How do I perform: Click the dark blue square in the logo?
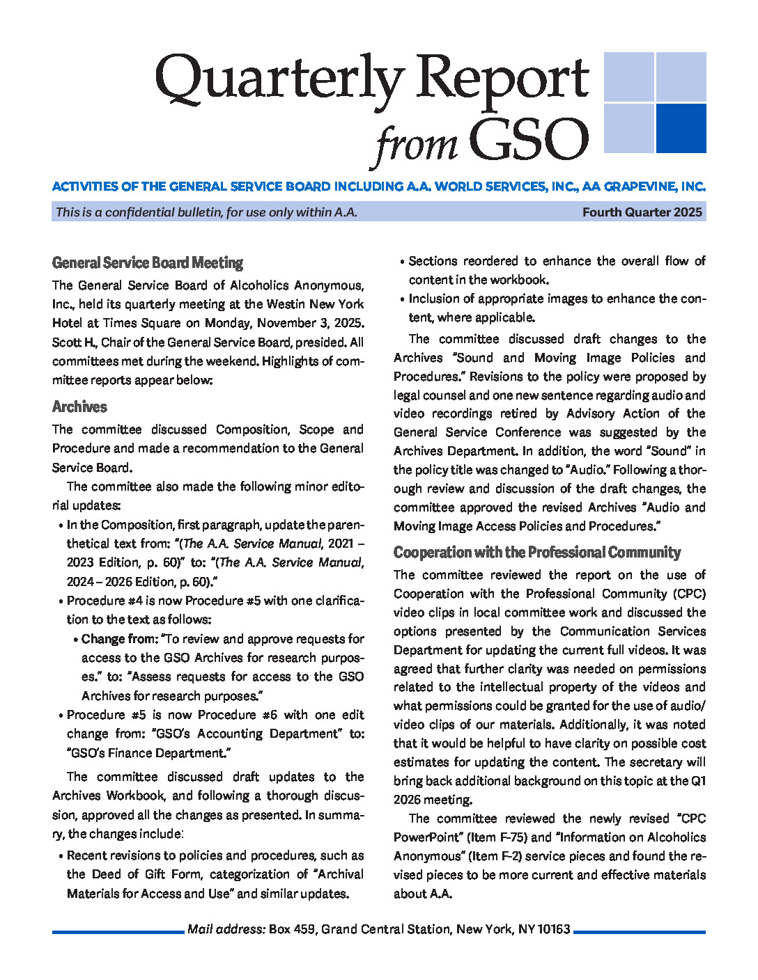(x=681, y=128)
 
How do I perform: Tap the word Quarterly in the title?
(x=279, y=79)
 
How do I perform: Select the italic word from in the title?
(x=416, y=144)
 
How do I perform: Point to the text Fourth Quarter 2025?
(x=642, y=212)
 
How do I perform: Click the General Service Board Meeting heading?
(x=148, y=263)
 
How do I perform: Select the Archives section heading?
(x=79, y=407)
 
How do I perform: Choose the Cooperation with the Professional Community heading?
(x=536, y=553)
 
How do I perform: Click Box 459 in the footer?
(x=291, y=929)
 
